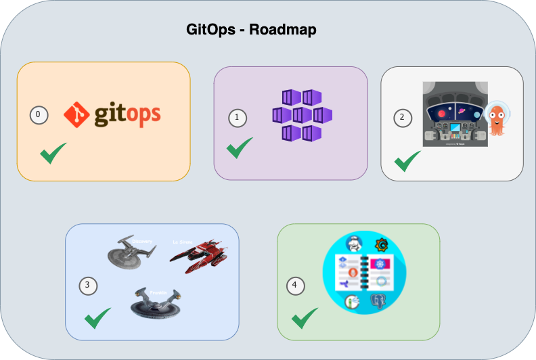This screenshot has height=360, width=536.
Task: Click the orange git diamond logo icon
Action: coord(76,114)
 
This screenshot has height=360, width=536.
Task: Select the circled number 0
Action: coord(38,115)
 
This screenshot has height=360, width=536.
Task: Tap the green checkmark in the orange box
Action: coord(53,153)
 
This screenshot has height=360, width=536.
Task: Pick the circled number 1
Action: coord(237,118)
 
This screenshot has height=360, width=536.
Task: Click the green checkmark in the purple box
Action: coord(240,148)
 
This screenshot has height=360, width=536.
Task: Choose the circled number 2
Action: coord(403,117)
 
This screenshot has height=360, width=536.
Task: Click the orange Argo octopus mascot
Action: coord(499,119)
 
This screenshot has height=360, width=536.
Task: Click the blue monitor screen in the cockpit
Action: coord(454,127)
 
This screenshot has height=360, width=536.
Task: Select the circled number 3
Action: coord(87,286)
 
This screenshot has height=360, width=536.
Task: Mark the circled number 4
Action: coord(294,286)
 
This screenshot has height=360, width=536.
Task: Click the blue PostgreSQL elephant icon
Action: coord(378,302)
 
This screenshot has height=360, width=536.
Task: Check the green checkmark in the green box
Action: coord(305,317)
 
